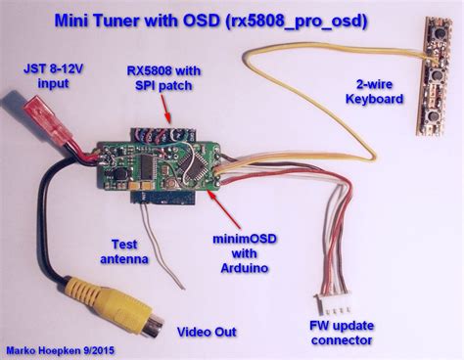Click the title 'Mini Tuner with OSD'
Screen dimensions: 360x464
[151, 20]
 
